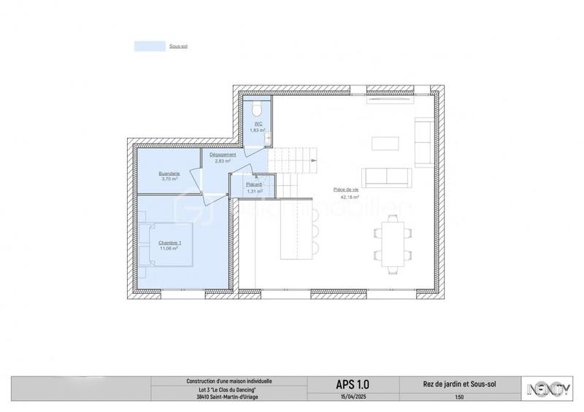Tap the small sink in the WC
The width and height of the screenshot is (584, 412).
268,136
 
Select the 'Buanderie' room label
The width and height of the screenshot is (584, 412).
169,174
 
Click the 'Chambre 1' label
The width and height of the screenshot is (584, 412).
170,243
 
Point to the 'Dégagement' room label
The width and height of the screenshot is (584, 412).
222,155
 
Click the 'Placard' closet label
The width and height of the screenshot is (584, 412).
253,185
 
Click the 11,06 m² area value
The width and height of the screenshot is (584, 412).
170,249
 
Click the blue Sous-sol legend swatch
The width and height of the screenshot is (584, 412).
149,45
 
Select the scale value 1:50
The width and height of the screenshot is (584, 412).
458,397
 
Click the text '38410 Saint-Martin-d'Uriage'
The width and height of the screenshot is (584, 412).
226,397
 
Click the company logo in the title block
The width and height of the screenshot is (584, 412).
552,389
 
